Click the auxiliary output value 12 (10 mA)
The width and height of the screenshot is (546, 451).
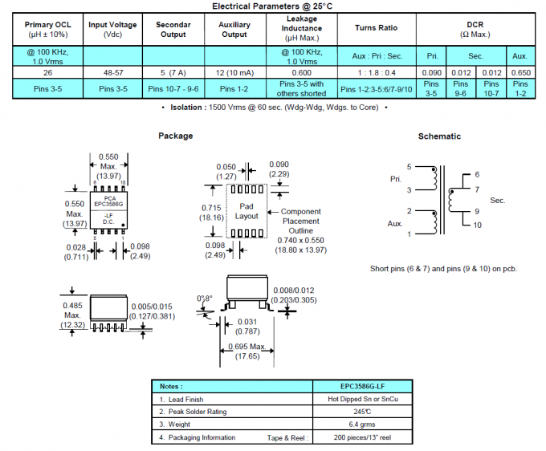pyautogui.click(x=234, y=71)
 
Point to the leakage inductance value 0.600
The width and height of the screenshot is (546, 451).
pyautogui.click(x=301, y=71)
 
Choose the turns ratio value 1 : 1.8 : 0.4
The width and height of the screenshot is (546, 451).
pyautogui.click(x=377, y=71)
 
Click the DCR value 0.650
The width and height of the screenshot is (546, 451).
pyautogui.click(x=520, y=71)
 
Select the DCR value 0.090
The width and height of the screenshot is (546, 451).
pyautogui.click(x=431, y=71)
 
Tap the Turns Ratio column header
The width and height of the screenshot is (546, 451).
pyautogui.click(x=377, y=28)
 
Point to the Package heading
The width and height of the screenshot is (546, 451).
pyautogui.click(x=175, y=136)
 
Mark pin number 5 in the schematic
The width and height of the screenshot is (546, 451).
pyautogui.click(x=409, y=167)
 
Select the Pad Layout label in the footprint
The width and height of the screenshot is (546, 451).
pyautogui.click(x=247, y=212)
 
